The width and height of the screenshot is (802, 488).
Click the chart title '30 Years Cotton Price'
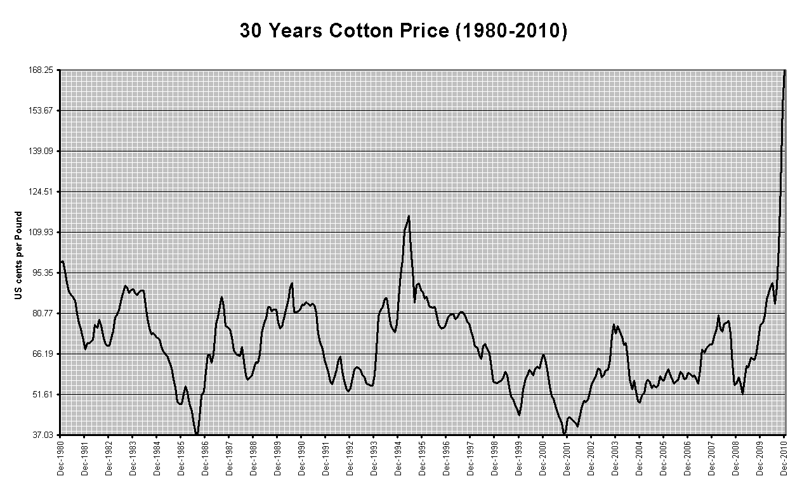tap(403, 30)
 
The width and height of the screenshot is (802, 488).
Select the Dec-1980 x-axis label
tap(61, 458)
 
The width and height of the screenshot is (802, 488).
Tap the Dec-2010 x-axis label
tap(784, 458)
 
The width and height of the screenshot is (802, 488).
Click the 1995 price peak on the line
tap(409, 216)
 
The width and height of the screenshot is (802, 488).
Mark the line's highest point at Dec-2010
tap(785, 70)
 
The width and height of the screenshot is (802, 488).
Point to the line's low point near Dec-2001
tap(564, 434)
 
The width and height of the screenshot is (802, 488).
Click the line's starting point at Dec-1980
tap(61, 262)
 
